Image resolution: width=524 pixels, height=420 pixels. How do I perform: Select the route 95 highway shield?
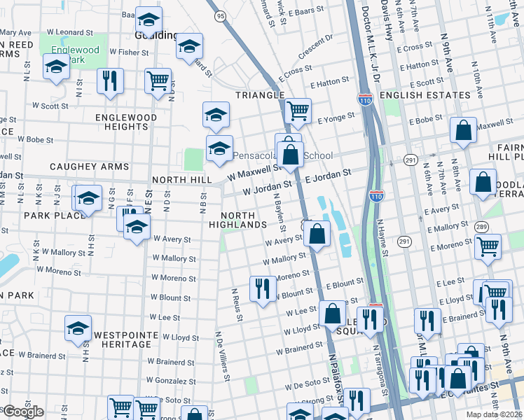coord(221,15)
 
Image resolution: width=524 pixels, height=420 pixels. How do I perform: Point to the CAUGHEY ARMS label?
coord(89,167)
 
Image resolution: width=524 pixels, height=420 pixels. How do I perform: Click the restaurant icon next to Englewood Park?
coord(110,81)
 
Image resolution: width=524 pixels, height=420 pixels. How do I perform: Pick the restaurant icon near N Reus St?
coord(263,288)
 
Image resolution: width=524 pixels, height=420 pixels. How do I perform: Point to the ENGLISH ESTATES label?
coord(434,94)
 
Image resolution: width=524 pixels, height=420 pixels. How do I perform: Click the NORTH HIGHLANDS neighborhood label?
coord(244,219)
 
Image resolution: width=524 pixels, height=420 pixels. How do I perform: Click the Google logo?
coord(23,412)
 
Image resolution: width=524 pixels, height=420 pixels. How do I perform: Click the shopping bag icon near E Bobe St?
coord(463,131)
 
